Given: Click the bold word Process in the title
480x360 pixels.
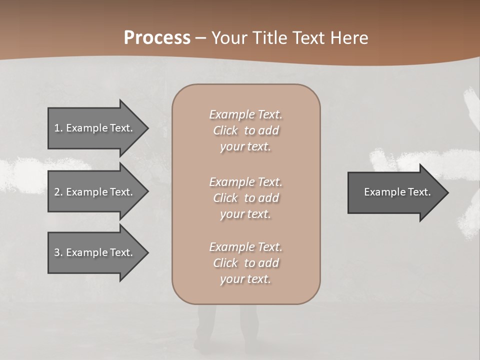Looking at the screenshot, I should [157, 38].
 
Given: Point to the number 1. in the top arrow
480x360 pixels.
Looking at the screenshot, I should [58, 128].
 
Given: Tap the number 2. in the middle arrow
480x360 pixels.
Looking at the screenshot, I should [58, 192].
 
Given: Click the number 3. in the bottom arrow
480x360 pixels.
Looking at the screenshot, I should [58, 252].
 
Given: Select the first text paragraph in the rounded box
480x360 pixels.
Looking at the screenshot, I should [245, 130].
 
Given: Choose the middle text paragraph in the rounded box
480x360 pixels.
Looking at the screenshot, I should [245, 198].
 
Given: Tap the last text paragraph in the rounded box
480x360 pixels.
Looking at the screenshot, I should [245, 263].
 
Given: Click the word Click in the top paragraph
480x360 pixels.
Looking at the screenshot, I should [225, 130].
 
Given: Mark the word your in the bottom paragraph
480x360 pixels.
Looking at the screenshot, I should [231, 279].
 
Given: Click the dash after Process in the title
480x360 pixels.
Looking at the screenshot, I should [201, 38].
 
